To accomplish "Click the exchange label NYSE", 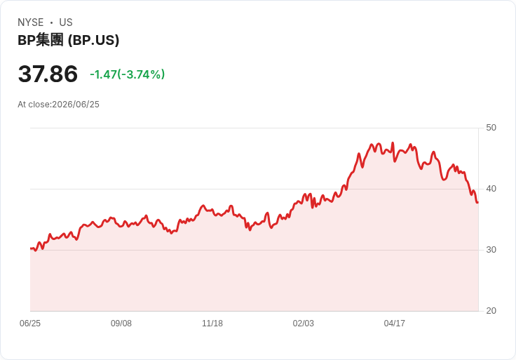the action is (x=31, y=22).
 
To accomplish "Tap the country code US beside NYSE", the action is (x=66, y=22).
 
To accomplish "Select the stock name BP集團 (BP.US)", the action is (x=69, y=40).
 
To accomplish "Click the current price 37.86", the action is (x=48, y=74).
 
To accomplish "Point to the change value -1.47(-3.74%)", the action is (x=128, y=74).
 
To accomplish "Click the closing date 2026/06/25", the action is (x=76, y=105).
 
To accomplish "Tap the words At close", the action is (x=34, y=105).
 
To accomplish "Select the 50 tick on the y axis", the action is (x=491, y=128).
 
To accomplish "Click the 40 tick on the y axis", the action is (x=491, y=189).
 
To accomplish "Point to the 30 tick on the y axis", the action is (x=491, y=250).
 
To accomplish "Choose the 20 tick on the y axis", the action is (x=491, y=311).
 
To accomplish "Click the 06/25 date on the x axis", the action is (x=30, y=324).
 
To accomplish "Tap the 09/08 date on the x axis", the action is (x=121, y=324).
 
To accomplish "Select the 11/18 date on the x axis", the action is (x=212, y=324).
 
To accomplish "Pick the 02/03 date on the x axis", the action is (x=304, y=324).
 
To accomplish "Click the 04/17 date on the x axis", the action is (x=395, y=324).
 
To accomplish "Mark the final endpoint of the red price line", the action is (x=478, y=202).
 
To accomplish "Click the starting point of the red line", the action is (x=31, y=248).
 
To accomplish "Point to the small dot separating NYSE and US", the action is (x=51, y=22).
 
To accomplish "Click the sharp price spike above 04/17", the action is (x=393, y=143).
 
